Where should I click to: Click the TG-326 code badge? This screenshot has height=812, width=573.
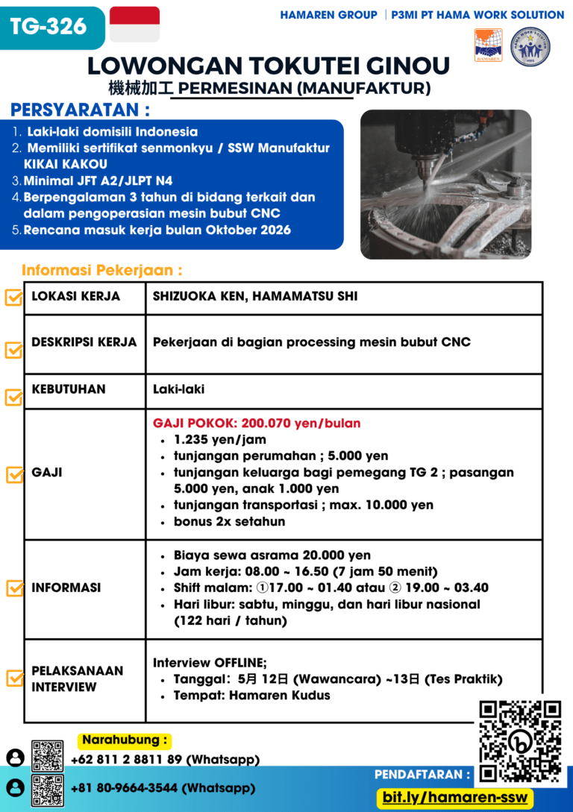pyautogui.click(x=48, y=28)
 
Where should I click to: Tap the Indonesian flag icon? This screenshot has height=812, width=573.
pyautogui.click(x=134, y=25)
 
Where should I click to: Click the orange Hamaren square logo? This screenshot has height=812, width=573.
pyautogui.click(x=488, y=45)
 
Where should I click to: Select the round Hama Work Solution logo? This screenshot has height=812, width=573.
pyautogui.click(x=530, y=47)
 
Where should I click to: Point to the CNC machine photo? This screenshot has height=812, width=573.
pyautogui.click(x=445, y=184)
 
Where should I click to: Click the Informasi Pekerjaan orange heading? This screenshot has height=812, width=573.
pyautogui.click(x=102, y=270)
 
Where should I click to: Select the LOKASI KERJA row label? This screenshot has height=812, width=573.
pyautogui.click(x=75, y=297)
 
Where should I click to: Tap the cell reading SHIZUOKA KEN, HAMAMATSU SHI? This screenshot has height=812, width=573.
pyautogui.click(x=255, y=297)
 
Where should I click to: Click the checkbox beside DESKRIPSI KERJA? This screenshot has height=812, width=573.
pyautogui.click(x=13, y=350)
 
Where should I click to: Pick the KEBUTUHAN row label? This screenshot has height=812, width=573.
pyautogui.click(x=69, y=388)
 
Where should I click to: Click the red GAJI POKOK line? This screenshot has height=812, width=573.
pyautogui.click(x=257, y=424)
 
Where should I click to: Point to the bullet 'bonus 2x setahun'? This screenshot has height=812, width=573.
pyautogui.click(x=229, y=521)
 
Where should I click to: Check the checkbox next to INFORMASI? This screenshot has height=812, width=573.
pyautogui.click(x=13, y=588)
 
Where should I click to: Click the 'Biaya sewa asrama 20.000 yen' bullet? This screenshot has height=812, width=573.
pyautogui.click(x=272, y=556)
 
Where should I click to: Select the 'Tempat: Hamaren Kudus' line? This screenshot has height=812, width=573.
pyautogui.click(x=251, y=696)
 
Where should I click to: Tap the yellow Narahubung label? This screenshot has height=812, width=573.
pyautogui.click(x=125, y=740)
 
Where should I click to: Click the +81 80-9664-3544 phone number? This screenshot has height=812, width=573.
pyautogui.click(x=163, y=787)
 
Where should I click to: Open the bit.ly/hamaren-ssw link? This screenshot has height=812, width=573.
pyautogui.click(x=455, y=797)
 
